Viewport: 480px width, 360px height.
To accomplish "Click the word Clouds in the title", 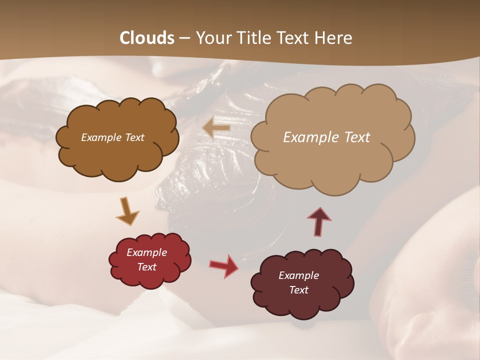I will pos(146,38).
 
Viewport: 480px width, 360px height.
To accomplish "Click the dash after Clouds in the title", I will pos(184,38).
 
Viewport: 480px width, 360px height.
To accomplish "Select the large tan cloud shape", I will pos(332,160).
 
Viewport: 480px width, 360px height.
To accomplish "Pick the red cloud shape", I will pos(149,277).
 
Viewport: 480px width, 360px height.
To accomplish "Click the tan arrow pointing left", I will pos(217,128).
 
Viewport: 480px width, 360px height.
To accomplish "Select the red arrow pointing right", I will pos(224,265).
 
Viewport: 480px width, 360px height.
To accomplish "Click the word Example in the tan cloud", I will pos(311,137).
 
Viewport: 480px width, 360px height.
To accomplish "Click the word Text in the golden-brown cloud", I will pos(134,137).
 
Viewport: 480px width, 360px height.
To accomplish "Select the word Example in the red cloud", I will pos(147,252).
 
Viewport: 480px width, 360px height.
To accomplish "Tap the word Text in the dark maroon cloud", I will pos(298,290).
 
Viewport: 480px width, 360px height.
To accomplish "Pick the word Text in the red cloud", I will pos(147,267).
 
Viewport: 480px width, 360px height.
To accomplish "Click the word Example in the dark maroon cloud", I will pos(298,275).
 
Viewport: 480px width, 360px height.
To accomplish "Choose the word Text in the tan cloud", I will pos(356,137).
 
